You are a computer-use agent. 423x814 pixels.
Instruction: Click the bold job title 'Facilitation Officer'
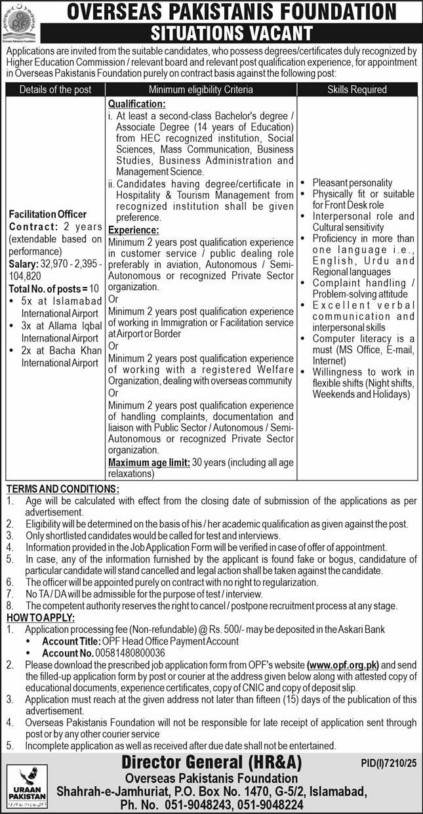pos(47,214)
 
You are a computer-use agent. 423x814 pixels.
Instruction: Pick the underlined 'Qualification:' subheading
pos(136,104)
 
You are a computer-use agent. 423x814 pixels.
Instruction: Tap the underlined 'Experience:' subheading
pos(134,230)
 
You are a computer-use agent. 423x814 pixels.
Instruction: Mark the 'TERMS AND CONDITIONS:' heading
pos(62,489)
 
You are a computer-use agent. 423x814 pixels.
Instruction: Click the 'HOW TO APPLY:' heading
pos(40,618)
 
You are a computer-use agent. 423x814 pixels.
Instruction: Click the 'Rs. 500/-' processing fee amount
pos(235,630)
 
